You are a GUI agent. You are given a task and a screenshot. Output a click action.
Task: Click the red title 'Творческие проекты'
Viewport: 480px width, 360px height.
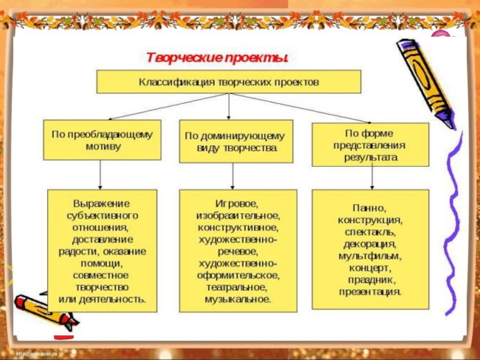218,58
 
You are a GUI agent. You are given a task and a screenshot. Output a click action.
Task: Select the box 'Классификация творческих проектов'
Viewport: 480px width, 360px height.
229,82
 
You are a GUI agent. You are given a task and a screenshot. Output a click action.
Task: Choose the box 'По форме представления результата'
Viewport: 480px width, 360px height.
370,145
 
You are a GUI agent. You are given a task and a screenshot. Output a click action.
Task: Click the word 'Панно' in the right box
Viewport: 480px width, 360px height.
370,208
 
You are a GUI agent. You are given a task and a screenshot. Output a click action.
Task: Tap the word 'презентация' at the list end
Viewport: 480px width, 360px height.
370,292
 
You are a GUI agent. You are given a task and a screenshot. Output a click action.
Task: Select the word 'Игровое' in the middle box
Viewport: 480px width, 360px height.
238,203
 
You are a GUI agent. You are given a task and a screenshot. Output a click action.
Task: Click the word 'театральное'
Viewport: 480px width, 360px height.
238,287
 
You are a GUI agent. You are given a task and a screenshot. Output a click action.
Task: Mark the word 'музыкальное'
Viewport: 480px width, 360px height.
238,299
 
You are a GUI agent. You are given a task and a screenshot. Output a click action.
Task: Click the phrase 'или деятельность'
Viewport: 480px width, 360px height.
101,298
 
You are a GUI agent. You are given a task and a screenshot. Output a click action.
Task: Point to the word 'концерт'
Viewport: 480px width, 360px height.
370,268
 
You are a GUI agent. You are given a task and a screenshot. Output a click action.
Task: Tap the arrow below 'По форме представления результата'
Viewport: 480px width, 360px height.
373,178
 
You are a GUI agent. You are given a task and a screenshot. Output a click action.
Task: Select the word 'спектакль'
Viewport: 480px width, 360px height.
370,232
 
